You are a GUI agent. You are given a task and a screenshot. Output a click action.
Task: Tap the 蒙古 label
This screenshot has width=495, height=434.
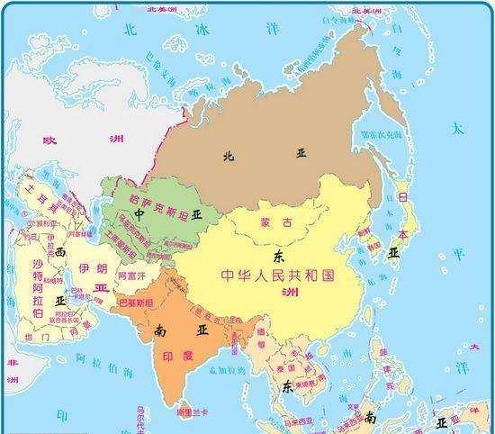pos(268,222)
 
